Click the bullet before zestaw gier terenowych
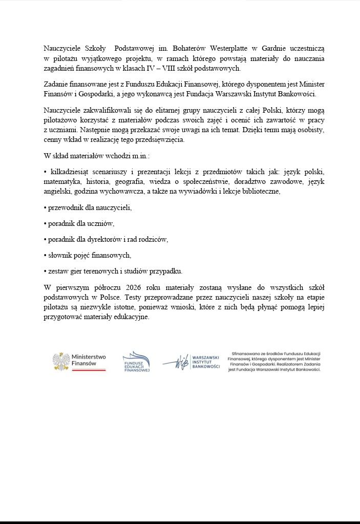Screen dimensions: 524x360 [x=46, y=270]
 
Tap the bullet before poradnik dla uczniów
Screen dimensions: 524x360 [x=46, y=223]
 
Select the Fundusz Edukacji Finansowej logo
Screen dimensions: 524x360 [x=136, y=362]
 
